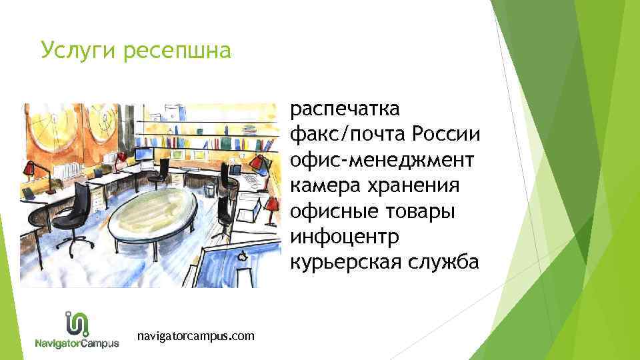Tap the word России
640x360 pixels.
(x=446, y=135)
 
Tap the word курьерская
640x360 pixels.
(x=345, y=263)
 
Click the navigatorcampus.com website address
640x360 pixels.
(x=195, y=336)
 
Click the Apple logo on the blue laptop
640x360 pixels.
(x=244, y=255)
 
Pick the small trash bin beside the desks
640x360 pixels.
(x=209, y=190)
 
